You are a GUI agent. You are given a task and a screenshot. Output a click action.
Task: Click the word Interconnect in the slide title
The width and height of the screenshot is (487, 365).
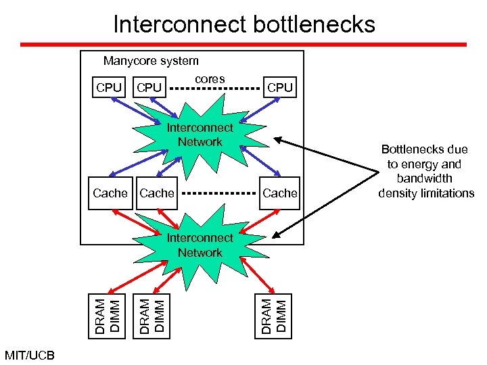(x=179, y=24)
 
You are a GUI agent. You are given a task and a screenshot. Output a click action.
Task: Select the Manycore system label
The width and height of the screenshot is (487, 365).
(x=151, y=61)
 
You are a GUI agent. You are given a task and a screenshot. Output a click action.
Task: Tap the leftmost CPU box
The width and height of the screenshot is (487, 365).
(x=109, y=87)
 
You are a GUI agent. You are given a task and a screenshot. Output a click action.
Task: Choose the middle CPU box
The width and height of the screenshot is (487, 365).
(x=149, y=87)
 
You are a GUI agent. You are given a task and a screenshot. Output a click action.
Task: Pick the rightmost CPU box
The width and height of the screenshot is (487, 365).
(x=280, y=87)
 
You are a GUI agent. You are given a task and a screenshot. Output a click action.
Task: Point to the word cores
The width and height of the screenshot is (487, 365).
(x=210, y=79)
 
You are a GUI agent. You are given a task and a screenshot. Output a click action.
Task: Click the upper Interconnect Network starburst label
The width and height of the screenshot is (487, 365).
(x=200, y=135)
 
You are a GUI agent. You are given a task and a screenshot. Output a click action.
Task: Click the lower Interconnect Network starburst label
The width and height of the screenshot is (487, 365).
(x=200, y=245)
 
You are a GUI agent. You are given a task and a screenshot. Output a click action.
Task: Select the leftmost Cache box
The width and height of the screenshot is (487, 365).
(x=110, y=193)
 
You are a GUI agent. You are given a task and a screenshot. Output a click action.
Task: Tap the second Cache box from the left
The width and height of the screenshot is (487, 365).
(x=157, y=193)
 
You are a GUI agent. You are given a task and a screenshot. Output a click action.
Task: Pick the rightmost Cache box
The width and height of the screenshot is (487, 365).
(x=280, y=193)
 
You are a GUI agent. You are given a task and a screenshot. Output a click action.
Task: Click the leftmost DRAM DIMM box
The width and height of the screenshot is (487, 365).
(x=108, y=316)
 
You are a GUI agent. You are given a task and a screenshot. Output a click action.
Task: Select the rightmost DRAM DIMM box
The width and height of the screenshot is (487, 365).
(x=275, y=316)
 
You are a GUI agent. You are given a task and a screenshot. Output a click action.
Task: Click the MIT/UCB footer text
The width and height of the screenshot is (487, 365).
(x=30, y=355)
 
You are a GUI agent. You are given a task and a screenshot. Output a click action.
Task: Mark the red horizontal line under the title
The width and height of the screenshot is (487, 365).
(x=243, y=44)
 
